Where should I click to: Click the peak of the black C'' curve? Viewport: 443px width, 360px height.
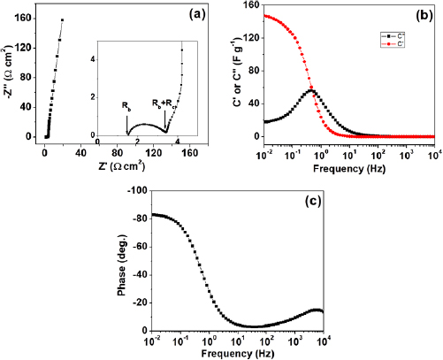[311, 90]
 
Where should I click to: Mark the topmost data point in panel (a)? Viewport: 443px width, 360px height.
[62, 19]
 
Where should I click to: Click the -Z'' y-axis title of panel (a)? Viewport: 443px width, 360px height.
[8, 75]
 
